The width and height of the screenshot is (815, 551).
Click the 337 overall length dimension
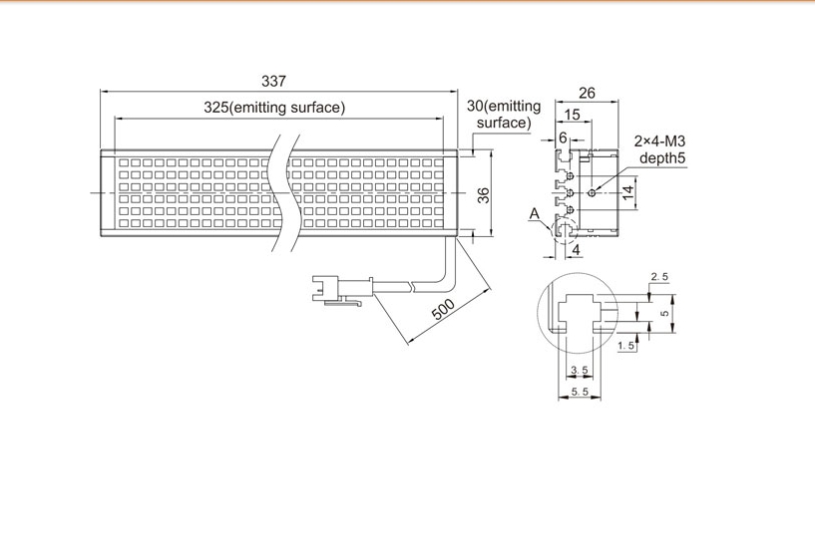(x=273, y=81)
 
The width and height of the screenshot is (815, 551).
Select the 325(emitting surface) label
(x=274, y=108)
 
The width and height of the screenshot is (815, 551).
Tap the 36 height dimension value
(x=484, y=195)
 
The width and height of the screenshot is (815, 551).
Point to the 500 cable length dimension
(x=443, y=310)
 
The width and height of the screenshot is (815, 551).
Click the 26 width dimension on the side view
(x=587, y=93)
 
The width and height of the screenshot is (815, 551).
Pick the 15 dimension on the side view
(x=572, y=115)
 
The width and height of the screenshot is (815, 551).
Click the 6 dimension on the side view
(x=563, y=138)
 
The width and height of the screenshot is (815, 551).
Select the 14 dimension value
(x=628, y=192)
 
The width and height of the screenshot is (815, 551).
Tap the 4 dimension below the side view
(x=576, y=250)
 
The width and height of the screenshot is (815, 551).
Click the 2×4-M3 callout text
(x=659, y=140)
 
